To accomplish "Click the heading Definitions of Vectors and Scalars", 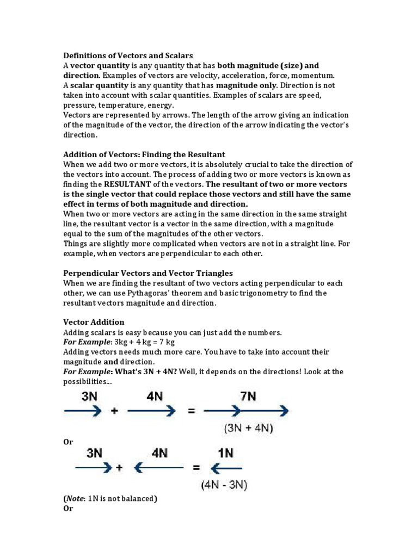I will tap(128, 55).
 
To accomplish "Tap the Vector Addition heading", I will tap(94, 322).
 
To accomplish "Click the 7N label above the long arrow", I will tap(248, 395).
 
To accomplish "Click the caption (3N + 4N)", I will tap(248, 429).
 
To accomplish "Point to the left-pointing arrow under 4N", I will tap(158, 467).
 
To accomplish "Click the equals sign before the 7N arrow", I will tap(192, 412).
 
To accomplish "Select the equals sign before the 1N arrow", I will tap(195, 467).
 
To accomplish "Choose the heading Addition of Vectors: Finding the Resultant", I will tap(144, 154).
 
